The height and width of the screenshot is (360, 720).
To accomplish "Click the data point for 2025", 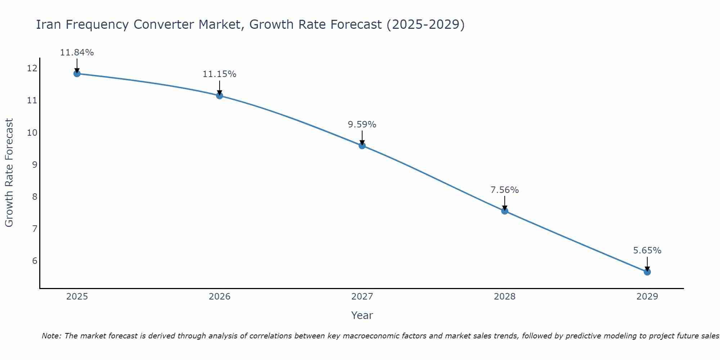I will pyautogui.click(x=77, y=73).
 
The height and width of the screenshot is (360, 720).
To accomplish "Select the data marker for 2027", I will pyautogui.click(x=362, y=145).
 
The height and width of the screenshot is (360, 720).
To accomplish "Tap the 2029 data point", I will pyautogui.click(x=647, y=272).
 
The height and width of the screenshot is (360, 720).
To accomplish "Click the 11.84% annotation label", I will pyautogui.click(x=77, y=53).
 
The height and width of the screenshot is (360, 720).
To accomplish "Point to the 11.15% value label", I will pyautogui.click(x=219, y=74).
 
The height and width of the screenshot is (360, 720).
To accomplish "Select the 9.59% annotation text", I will pyautogui.click(x=362, y=125).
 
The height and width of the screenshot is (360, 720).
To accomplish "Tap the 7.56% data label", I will pyautogui.click(x=504, y=190).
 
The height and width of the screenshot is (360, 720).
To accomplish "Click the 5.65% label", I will pyautogui.click(x=647, y=251).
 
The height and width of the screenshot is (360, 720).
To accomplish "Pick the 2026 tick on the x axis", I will pyautogui.click(x=220, y=297).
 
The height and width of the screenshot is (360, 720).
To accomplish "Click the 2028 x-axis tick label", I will pyautogui.click(x=504, y=297).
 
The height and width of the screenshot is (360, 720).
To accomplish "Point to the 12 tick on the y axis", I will pyautogui.click(x=32, y=68).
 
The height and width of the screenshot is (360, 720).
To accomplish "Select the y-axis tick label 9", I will pyautogui.click(x=35, y=165).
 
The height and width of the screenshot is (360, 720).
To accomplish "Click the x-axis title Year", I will pyautogui.click(x=362, y=315).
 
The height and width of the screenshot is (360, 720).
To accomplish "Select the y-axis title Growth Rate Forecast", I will pyautogui.click(x=9, y=173).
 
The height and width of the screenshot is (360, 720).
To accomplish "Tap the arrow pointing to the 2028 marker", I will pyautogui.click(x=505, y=203).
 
